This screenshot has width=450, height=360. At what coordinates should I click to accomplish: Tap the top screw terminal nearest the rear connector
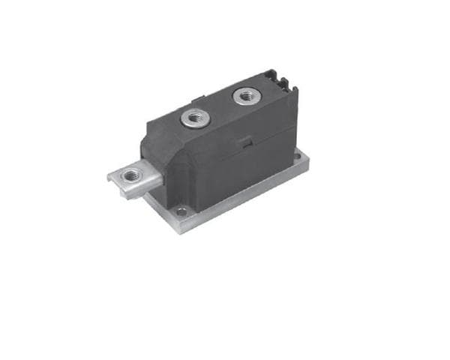pos(245,96)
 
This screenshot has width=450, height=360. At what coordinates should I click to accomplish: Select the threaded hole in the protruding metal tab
pos(133,175)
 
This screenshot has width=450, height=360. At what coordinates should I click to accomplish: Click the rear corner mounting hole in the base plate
pos(298,158)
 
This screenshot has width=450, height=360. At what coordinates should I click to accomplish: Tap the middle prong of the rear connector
pos(282,79)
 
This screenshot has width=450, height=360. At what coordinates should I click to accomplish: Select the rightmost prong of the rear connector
pos(290,83)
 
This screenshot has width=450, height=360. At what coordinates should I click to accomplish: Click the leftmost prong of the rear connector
pos(273,76)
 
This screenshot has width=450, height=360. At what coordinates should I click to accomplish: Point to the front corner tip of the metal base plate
pos(178,231)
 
